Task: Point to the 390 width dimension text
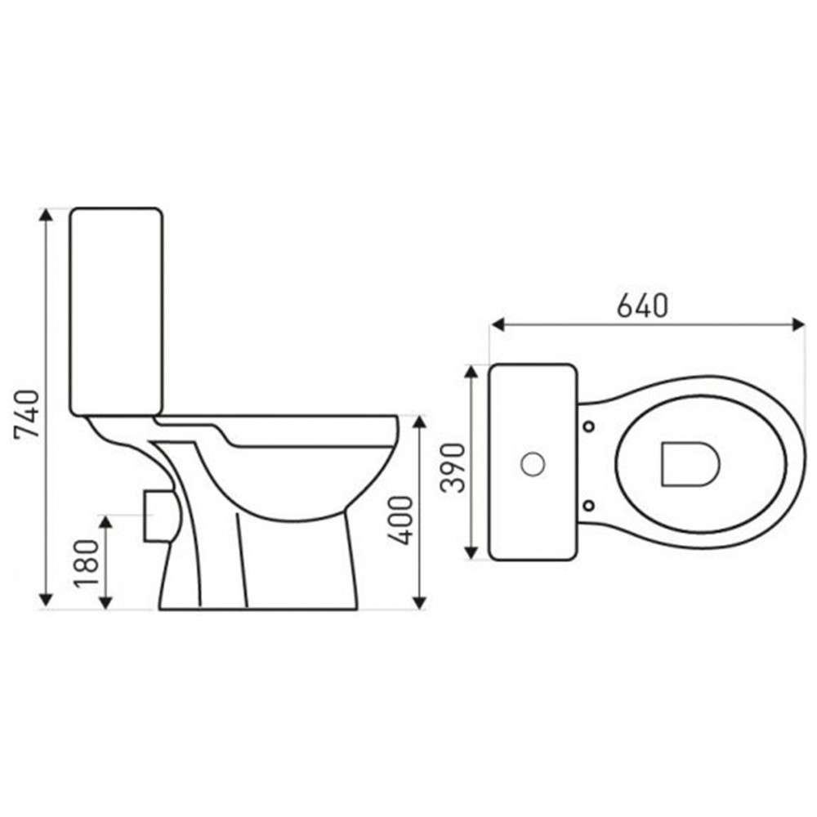pos(455,467)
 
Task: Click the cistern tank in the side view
pos(116,310)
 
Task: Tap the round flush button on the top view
pos(533,464)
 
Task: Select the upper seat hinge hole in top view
pos(589,426)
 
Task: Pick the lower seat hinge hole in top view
pos(589,502)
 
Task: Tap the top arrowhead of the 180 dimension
pos(105,522)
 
